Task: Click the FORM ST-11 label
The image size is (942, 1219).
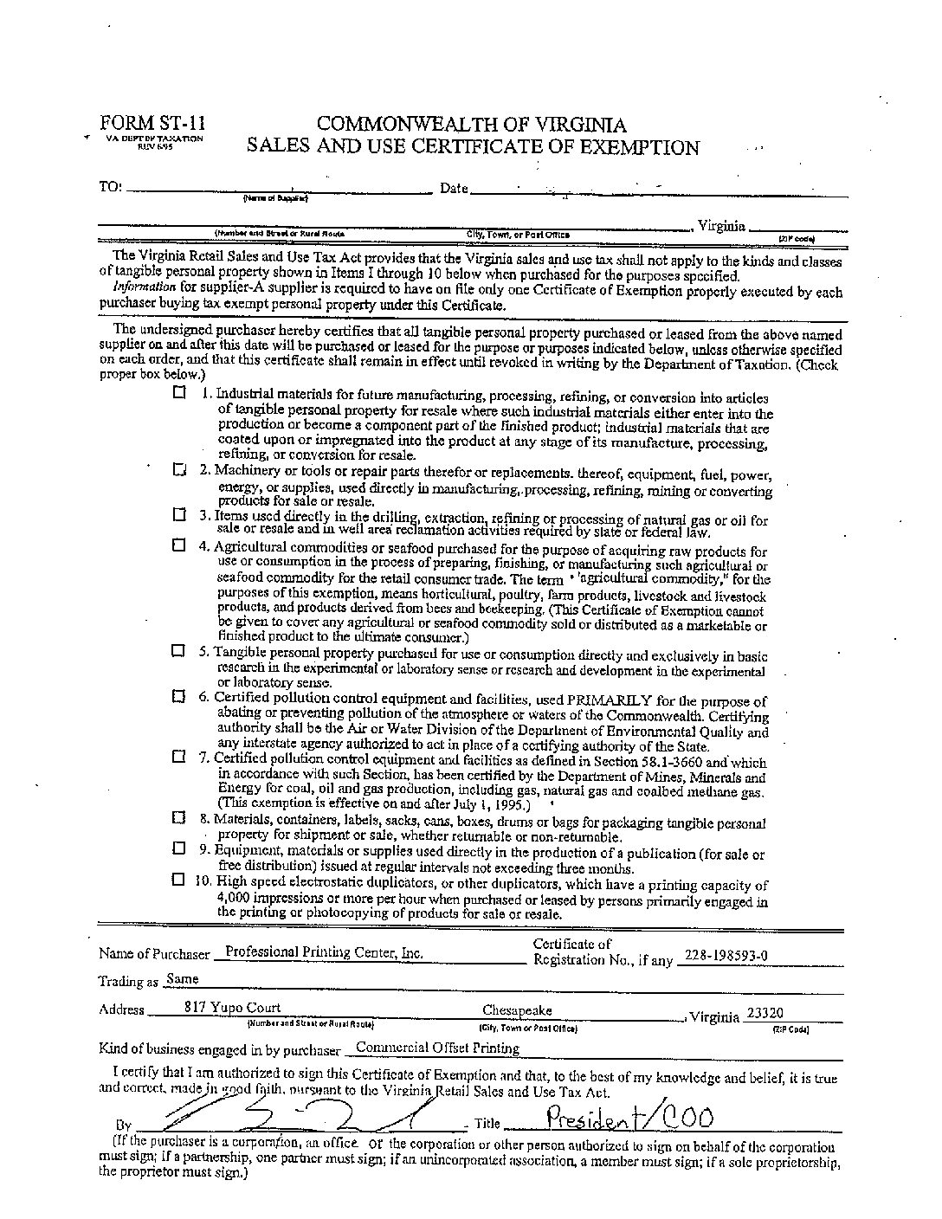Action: [x=152, y=123]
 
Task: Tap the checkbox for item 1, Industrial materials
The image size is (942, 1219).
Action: [x=179, y=392]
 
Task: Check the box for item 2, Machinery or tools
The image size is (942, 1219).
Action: [x=179, y=470]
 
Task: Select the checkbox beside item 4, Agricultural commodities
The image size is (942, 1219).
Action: [x=178, y=545]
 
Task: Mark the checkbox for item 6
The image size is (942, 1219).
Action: [x=178, y=696]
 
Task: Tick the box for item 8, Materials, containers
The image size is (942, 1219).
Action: [x=178, y=817]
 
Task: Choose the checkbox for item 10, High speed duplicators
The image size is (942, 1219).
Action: [x=178, y=880]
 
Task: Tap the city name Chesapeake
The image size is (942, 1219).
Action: [x=517, y=1010]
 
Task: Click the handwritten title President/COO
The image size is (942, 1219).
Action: [x=629, y=1119]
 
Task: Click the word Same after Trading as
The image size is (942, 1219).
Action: [x=182, y=979]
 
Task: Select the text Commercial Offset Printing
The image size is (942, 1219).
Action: [x=437, y=1048]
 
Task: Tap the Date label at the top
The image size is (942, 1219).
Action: [x=454, y=188]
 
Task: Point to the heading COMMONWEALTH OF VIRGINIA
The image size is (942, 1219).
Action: [x=471, y=125]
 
